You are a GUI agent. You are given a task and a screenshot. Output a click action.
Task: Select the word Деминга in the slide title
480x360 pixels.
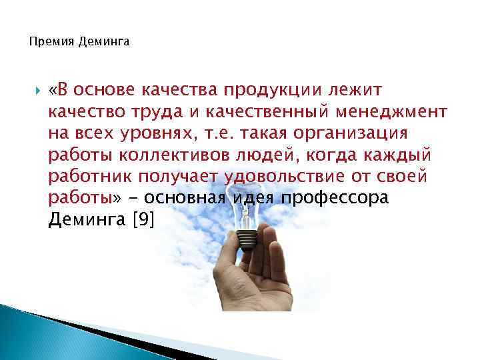[x=105, y=42]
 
